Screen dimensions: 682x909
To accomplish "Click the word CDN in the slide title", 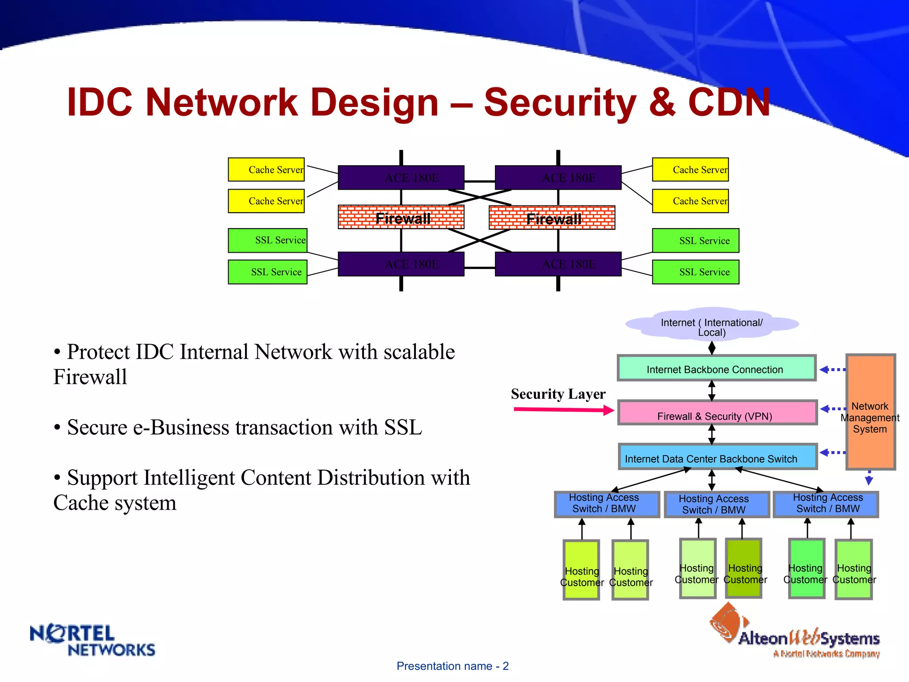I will [x=729, y=102].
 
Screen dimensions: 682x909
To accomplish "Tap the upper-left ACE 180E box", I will [x=401, y=178].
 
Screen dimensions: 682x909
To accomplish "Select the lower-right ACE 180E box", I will [x=558, y=264].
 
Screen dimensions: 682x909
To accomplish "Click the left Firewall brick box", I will [x=401, y=218].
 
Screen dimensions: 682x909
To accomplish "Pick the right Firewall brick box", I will [x=552, y=218].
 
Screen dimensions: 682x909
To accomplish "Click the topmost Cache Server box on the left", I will [x=266, y=170].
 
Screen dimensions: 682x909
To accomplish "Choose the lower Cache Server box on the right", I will [x=690, y=201].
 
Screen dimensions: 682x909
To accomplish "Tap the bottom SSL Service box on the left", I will [x=268, y=272].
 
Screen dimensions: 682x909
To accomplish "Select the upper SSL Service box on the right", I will [x=696, y=241].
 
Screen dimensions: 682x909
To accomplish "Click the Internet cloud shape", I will [x=712, y=324].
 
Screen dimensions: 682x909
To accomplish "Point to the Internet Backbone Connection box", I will [x=716, y=368].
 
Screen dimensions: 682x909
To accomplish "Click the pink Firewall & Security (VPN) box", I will [x=717, y=413].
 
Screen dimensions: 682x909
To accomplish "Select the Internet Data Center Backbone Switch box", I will [x=718, y=457].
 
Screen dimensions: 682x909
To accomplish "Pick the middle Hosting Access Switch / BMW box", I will [x=716, y=504].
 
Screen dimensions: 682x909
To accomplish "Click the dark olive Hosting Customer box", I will [x=743, y=568].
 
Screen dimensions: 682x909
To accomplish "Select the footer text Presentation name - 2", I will [x=452, y=666].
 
